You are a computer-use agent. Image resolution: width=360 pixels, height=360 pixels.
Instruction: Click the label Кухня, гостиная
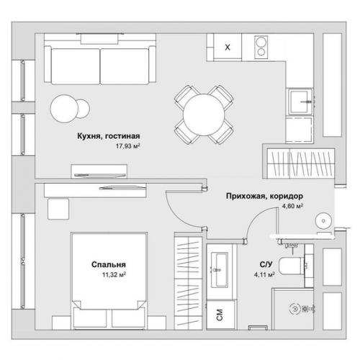tap(109, 136)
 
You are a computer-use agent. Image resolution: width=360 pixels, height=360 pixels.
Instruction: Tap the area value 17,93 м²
tap(127, 146)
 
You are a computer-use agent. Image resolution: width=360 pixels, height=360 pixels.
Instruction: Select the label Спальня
tap(109, 264)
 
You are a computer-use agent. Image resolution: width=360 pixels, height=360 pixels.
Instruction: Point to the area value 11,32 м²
tap(114, 274)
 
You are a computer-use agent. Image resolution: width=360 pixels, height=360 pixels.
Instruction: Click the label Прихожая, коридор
tap(264, 196)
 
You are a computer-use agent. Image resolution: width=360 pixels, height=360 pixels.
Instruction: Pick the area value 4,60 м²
tap(292, 206)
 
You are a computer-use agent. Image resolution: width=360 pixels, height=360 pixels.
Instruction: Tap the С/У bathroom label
tap(266, 264)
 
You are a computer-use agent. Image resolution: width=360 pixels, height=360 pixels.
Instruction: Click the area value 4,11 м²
tap(264, 274)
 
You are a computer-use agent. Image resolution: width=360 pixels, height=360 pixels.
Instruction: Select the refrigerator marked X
tap(228, 47)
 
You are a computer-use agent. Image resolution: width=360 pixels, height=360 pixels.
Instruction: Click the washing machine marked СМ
tap(220, 315)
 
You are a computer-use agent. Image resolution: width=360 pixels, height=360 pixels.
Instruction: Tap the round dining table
tap(204, 114)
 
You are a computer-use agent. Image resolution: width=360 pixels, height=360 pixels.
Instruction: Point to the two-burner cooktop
tap(261, 47)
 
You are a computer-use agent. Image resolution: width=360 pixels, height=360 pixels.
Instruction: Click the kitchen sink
tap(300, 102)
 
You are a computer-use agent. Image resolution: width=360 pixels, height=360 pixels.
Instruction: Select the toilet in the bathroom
tap(293, 266)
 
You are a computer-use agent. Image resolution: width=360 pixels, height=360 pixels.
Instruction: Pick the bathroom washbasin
tap(220, 270)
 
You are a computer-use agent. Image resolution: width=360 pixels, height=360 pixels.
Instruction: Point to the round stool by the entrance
tap(323, 220)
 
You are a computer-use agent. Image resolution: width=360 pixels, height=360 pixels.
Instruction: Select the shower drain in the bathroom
tap(294, 309)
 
